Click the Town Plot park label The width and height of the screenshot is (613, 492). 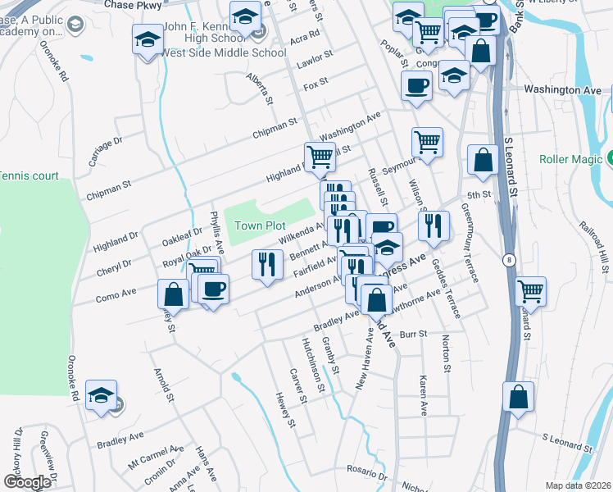click(x=260, y=225)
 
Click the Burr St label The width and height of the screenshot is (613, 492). click(x=415, y=334)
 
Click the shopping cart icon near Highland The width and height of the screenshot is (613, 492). click(x=319, y=156)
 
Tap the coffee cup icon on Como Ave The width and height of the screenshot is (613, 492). click(x=213, y=289)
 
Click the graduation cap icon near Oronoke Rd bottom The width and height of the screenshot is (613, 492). click(x=102, y=396)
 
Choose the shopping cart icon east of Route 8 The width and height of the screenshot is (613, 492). click(x=531, y=289)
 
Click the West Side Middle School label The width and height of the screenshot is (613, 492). click(x=224, y=53)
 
